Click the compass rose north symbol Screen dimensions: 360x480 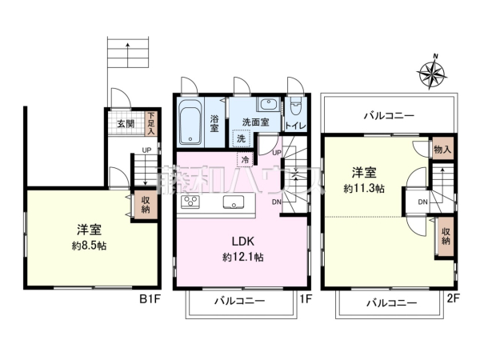click(431, 75)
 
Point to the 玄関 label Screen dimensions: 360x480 click(126, 124)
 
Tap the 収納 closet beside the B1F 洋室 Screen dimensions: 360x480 click(144, 205)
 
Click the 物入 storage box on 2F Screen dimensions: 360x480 click(442, 149)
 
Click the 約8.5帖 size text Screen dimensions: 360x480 click(86, 246)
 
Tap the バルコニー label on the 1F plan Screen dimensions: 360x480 click(240, 302)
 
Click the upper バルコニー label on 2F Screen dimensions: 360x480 click(389, 115)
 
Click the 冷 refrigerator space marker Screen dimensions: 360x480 click(243, 159)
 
